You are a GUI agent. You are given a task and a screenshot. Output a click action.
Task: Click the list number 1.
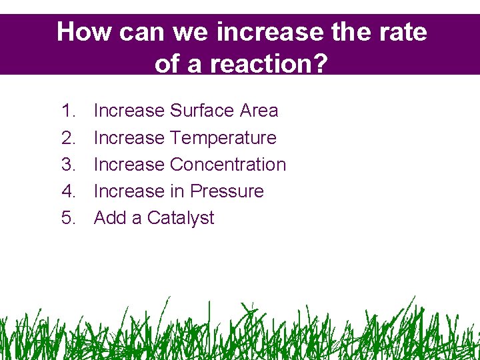tap(69, 111)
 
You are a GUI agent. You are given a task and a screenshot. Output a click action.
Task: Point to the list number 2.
tap(69, 138)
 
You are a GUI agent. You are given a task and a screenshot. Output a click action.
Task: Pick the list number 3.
tap(69, 165)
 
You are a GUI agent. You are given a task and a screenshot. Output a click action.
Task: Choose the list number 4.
tap(69, 191)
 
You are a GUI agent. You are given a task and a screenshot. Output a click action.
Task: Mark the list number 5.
tap(69, 218)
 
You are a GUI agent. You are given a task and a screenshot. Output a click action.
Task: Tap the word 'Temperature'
tap(223, 138)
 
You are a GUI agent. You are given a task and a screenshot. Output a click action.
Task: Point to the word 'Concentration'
tap(228, 165)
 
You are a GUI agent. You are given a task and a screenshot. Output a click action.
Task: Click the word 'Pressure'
tap(227, 191)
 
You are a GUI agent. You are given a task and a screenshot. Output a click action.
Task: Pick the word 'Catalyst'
tap(181, 219)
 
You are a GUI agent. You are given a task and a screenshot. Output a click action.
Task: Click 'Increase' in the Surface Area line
tap(129, 111)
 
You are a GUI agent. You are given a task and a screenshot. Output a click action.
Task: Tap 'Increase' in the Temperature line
tap(129, 138)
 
